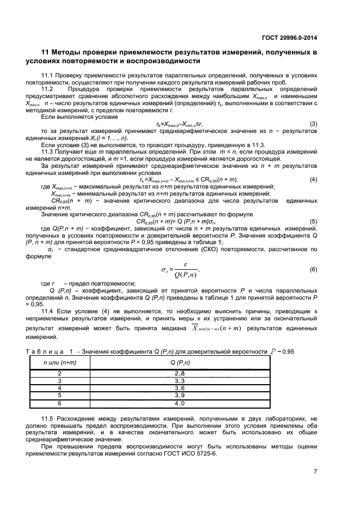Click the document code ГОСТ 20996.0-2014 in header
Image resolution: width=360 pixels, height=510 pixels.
[289, 38]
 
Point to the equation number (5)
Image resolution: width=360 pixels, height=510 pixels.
[313, 222]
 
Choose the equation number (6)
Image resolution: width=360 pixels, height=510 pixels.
[313, 270]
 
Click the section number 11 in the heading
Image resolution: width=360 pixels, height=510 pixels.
[46, 52]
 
